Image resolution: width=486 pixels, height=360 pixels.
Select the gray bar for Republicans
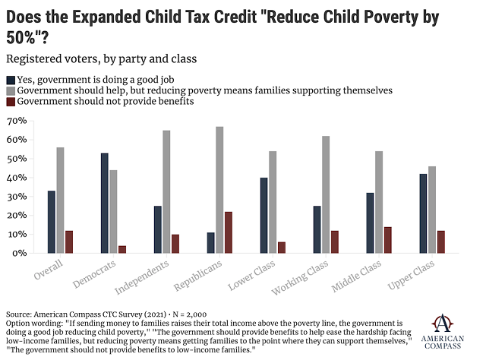click(219, 190)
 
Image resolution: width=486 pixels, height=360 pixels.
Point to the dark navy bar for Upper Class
click(422, 213)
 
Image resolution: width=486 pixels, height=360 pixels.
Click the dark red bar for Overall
click(69, 242)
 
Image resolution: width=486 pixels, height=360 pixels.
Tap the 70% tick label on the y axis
click(17, 121)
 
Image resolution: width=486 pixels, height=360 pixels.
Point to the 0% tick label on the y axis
click(21, 253)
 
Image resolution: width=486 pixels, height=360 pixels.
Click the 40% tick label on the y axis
click(17, 178)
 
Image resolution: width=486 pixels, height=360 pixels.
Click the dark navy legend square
click(10, 79)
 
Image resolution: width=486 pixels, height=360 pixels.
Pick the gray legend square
click(10, 90)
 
